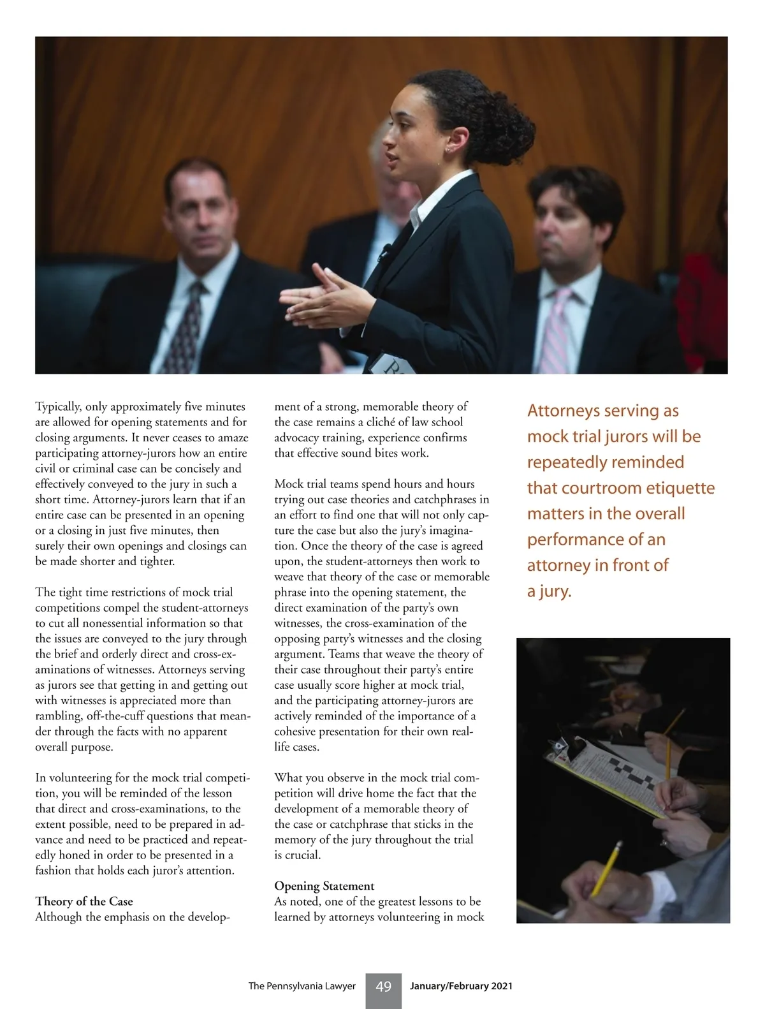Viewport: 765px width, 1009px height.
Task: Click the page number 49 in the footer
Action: [383, 987]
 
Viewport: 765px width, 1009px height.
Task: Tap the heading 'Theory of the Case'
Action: [84, 901]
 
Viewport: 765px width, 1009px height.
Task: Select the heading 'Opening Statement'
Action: [324, 886]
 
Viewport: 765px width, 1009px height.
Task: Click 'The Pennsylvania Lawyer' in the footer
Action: [302, 986]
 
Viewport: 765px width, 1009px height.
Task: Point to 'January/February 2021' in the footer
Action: [461, 986]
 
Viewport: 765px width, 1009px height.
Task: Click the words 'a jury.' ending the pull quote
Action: [549, 591]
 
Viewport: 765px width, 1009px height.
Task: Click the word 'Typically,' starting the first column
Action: [58, 407]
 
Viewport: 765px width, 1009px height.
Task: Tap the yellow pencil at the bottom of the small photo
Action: [606, 867]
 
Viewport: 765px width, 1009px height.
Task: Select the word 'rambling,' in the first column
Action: [59, 716]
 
